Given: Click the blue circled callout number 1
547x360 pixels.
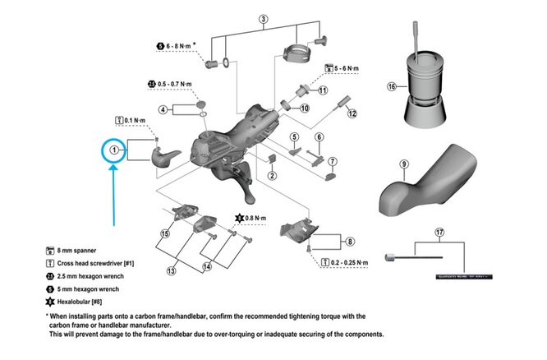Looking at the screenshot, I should pyautogui.click(x=113, y=150).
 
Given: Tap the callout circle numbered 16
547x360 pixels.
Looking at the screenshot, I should pyautogui.click(x=393, y=85).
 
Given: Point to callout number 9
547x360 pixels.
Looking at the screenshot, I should pyautogui.click(x=404, y=164).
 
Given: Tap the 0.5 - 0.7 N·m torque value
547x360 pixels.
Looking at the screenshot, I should pyautogui.click(x=175, y=84).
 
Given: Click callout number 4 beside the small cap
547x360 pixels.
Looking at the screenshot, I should pyautogui.click(x=164, y=109).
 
